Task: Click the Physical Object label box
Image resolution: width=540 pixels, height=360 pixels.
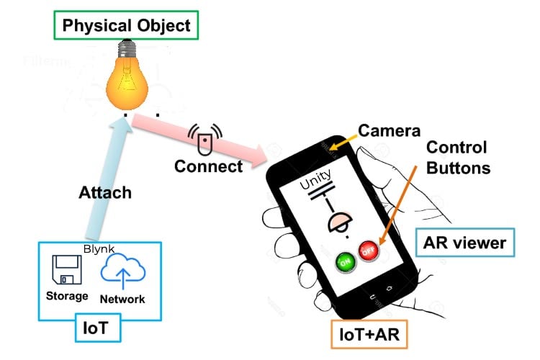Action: click(x=127, y=26)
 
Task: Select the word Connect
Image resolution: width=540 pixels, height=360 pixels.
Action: click(x=209, y=166)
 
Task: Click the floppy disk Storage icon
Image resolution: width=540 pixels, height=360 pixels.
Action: click(x=68, y=271)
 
